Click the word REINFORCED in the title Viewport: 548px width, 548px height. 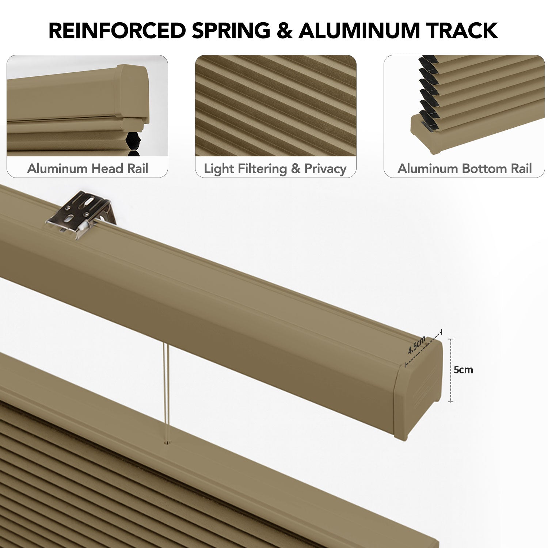point(117,30)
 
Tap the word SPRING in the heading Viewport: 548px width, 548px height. point(231,30)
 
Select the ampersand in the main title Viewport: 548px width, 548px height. point(285,30)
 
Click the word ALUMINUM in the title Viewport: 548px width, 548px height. point(360,30)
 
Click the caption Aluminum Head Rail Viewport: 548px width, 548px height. point(88,168)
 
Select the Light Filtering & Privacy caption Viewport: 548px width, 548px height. point(275,169)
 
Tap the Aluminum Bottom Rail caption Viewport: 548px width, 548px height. point(465,168)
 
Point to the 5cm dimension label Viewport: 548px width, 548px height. point(463,370)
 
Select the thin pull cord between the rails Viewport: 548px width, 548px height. point(167,393)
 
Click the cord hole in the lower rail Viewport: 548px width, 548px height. point(167,443)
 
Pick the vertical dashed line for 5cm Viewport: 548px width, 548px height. point(451,370)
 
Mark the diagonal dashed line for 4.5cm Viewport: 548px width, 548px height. point(424,347)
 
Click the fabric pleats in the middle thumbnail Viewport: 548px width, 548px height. point(276,106)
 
